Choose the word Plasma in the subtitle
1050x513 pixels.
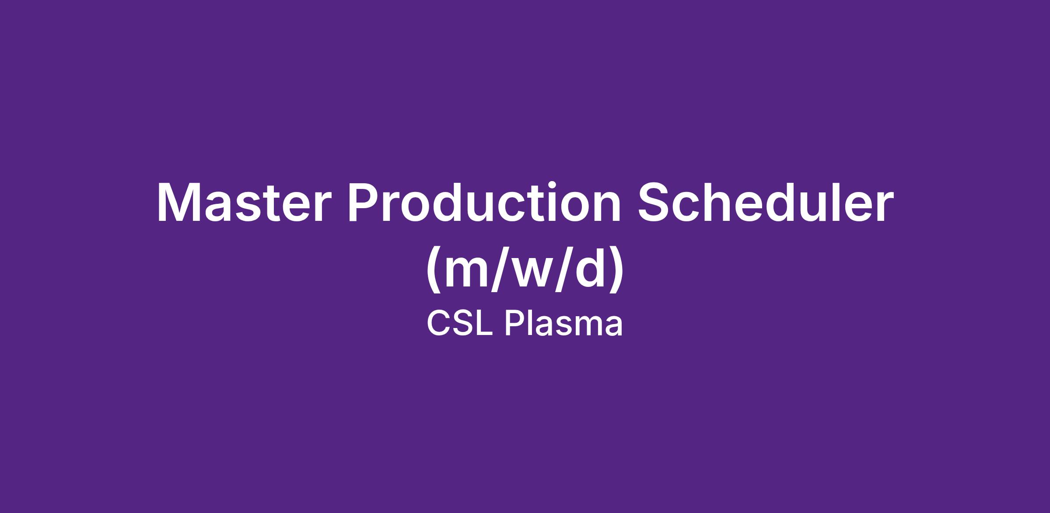point(564,325)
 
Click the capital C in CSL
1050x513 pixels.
point(439,325)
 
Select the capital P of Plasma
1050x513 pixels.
point(515,325)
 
